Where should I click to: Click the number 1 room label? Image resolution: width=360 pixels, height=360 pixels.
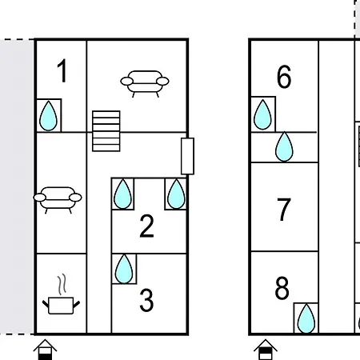62,70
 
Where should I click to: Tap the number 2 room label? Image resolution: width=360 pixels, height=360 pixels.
146,226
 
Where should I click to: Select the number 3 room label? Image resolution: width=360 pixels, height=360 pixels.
146,301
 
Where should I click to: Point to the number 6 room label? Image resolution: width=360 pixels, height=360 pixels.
284,77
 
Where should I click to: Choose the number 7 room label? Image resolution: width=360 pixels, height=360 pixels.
284,210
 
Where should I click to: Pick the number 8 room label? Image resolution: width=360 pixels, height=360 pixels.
282,288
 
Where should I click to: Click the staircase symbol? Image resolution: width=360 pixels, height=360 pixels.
106,131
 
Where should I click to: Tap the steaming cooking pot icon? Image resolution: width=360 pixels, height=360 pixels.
61,294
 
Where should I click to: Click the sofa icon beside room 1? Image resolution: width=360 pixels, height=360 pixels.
145,83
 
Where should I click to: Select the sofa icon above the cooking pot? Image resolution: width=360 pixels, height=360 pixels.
58,200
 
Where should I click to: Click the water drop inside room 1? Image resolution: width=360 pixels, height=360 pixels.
48,116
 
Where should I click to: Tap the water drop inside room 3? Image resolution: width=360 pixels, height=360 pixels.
124,269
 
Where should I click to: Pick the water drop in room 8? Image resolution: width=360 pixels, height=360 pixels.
306,318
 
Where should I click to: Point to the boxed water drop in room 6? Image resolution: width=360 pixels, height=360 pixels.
262,114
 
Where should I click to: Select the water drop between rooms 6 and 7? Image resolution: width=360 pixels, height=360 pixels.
284,146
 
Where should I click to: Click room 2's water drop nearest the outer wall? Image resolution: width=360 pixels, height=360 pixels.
176,194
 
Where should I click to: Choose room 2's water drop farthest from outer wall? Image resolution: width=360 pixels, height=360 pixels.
122,194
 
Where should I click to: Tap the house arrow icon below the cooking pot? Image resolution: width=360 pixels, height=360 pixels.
45,350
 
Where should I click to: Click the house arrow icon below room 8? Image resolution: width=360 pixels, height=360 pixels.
266,350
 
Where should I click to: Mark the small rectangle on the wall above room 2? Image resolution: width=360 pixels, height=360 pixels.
187,156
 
